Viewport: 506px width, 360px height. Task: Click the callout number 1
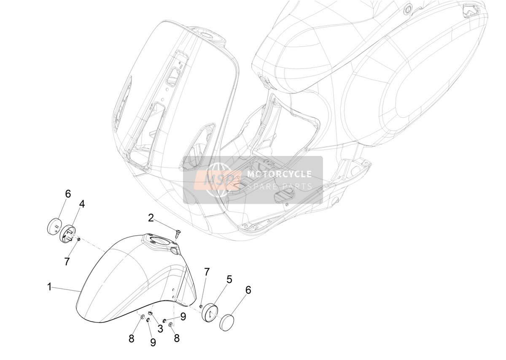[x=49, y=287]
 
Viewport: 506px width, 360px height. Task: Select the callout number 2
[x=151, y=218]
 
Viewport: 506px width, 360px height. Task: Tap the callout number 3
[x=160, y=328]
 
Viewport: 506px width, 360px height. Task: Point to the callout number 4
[x=82, y=204]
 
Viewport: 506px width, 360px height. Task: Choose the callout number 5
[x=229, y=279]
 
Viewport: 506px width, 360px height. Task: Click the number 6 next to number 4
[x=68, y=194]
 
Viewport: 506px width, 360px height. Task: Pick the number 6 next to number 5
[x=248, y=290]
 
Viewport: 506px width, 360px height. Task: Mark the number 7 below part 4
[x=67, y=262]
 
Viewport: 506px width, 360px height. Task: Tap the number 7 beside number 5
[x=207, y=272]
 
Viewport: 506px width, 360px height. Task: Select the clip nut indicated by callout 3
[x=150, y=313]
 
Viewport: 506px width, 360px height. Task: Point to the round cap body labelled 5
[x=210, y=313]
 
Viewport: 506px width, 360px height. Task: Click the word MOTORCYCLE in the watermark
[x=280, y=174]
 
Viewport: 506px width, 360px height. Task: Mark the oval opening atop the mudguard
[x=159, y=241]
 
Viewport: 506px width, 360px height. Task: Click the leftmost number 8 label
[x=131, y=339]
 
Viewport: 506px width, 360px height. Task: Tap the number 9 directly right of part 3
[x=183, y=317]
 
